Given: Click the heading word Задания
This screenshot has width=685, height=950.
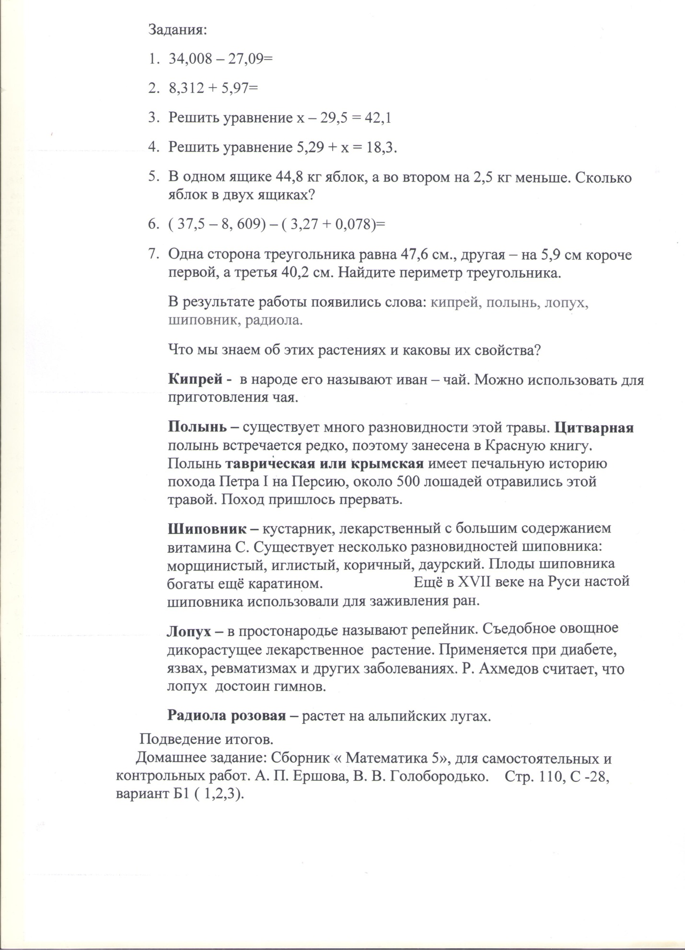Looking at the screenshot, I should click(177, 30).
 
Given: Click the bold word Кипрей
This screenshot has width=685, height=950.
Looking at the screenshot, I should click(195, 380).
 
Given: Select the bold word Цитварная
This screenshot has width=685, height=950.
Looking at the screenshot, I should click(596, 428).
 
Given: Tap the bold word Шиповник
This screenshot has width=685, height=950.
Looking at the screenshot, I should click(206, 529).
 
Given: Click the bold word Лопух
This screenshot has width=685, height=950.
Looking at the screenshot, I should click(188, 631).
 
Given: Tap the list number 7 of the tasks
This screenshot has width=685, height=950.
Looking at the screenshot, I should click(153, 255).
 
